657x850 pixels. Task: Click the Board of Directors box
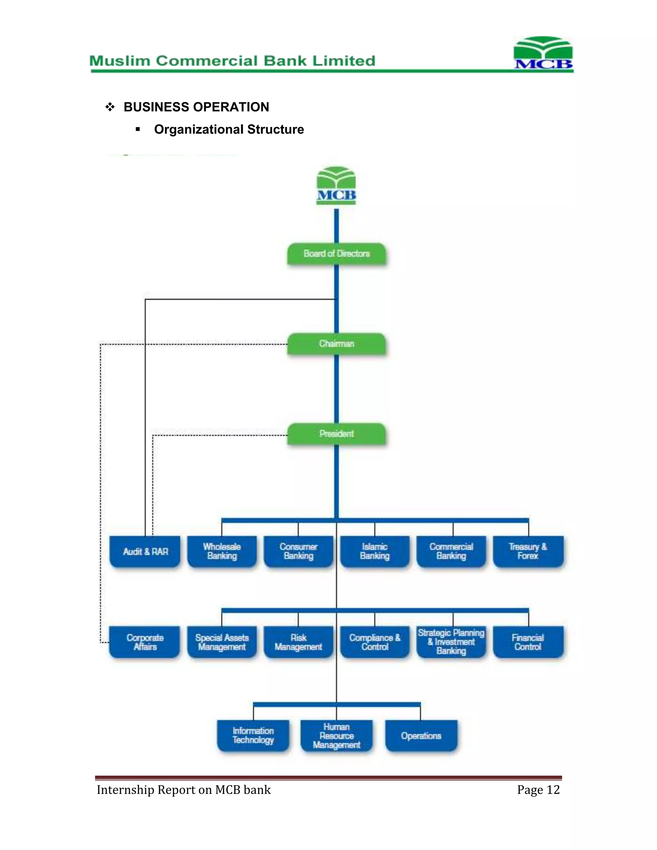[337, 254]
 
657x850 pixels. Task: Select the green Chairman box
[337, 344]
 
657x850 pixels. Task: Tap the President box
[337, 434]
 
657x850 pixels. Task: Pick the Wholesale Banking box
[222, 551]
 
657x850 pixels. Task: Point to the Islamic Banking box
[375, 551]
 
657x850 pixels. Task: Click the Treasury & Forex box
[528, 551]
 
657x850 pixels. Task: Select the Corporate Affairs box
[145, 642]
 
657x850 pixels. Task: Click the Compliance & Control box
[375, 642]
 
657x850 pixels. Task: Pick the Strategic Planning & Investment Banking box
[451, 642]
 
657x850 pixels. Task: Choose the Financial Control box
[528, 642]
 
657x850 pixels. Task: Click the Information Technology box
[253, 735]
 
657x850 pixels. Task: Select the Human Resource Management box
[337, 735]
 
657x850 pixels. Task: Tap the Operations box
[421, 735]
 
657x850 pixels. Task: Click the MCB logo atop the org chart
[336, 186]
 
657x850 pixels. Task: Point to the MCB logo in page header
[543, 53]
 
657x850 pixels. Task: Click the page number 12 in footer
[553, 790]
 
